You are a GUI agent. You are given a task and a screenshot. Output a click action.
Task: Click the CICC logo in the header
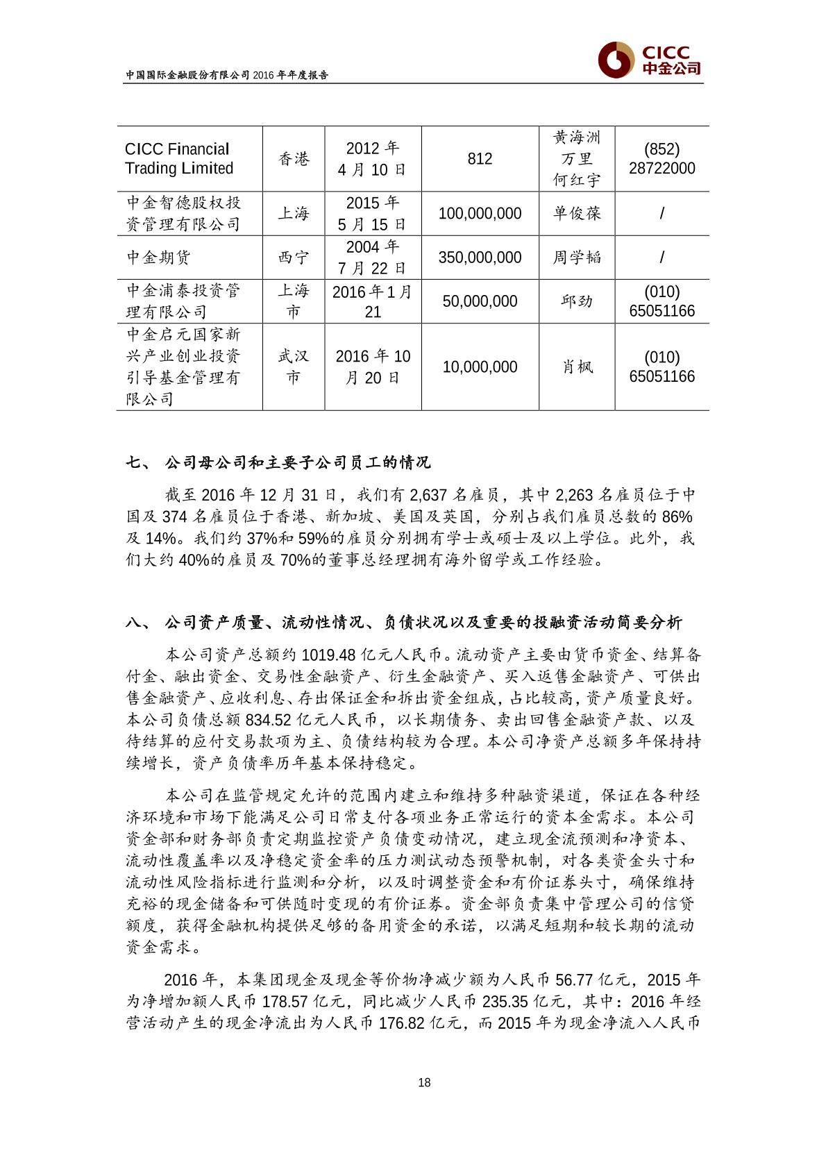tap(649, 60)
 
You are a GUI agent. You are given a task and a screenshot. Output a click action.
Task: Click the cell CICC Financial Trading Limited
tap(179, 159)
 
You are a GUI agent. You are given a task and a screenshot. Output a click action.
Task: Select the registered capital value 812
tap(480, 159)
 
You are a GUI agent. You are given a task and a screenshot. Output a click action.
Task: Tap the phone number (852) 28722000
tap(661, 159)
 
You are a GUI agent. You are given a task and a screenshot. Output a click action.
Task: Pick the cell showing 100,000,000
tap(480, 214)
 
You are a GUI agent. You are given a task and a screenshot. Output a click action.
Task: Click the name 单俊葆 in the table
tap(576, 214)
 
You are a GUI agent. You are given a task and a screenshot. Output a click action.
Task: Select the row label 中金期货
tap(158, 258)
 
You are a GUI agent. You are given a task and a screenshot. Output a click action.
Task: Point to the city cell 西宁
tap(293, 258)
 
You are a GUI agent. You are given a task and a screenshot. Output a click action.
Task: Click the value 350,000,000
tap(480, 258)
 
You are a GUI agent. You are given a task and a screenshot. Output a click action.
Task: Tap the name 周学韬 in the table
tap(576, 258)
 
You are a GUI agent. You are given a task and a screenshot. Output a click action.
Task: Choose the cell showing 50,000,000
tap(480, 301)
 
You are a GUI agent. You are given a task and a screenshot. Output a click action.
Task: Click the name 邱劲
tap(576, 301)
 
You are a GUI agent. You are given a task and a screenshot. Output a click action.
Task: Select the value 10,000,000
tap(480, 367)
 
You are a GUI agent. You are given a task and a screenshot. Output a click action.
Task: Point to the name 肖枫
tap(576, 367)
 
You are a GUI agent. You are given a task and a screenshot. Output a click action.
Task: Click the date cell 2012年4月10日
tap(373, 159)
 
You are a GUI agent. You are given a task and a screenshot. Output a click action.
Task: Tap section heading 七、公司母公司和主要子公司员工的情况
tap(278, 462)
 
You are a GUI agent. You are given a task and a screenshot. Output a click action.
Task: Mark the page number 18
tap(425, 1082)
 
